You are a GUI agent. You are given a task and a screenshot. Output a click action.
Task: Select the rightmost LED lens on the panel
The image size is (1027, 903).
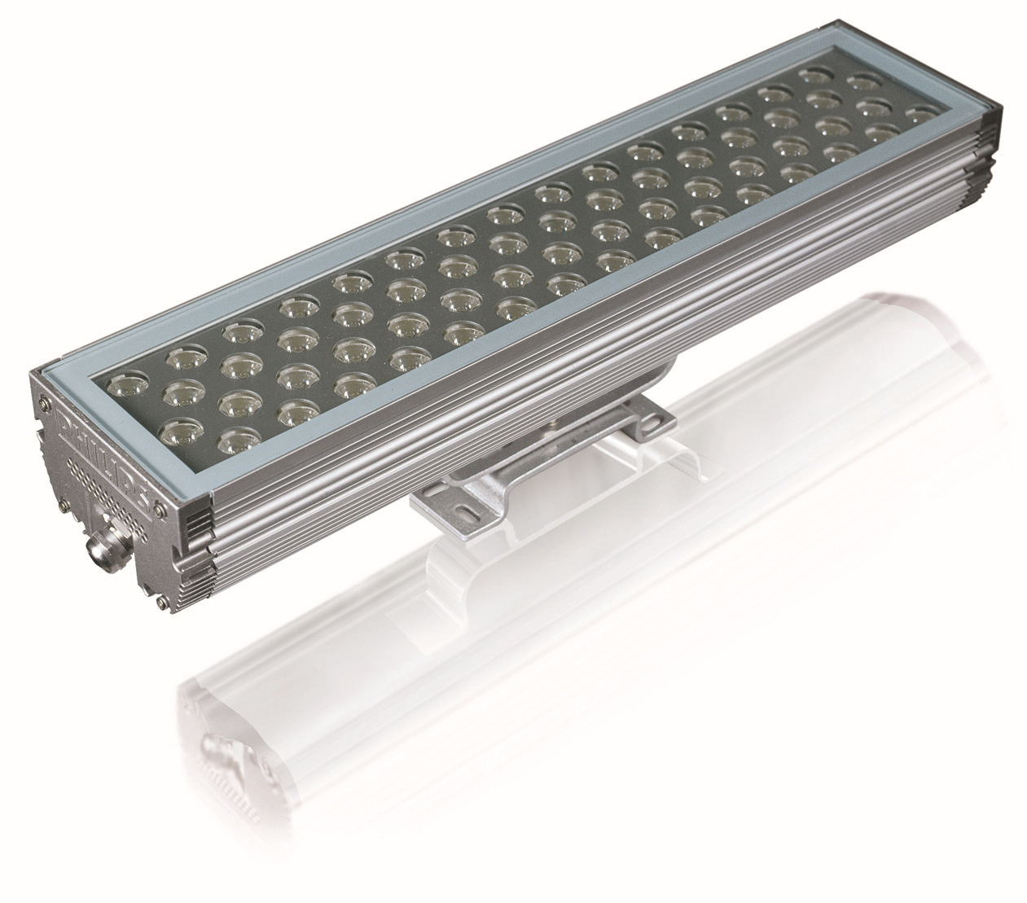[x=920, y=114]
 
